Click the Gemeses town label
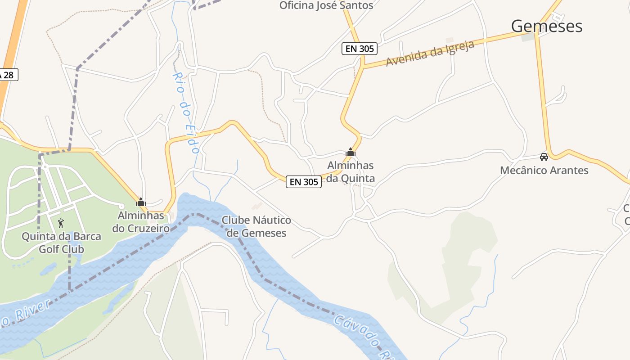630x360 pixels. tap(546, 26)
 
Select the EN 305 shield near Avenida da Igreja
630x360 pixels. tap(359, 49)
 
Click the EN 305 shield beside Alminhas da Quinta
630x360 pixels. tap(304, 182)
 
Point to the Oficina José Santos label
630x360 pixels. tap(326, 5)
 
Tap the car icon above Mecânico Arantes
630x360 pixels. tap(544, 157)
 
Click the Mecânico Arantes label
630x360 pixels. tap(544, 171)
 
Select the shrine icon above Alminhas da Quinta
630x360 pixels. tap(351, 153)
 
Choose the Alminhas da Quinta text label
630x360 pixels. tap(351, 172)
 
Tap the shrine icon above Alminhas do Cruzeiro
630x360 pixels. tap(141, 202)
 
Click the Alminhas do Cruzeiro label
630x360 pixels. tap(141, 222)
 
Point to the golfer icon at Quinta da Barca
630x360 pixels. tap(61, 223)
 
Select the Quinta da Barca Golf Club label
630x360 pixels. tap(61, 243)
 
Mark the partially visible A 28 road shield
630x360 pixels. tap(8, 75)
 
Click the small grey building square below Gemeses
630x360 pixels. tap(528, 37)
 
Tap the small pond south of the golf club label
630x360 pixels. tap(48, 269)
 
